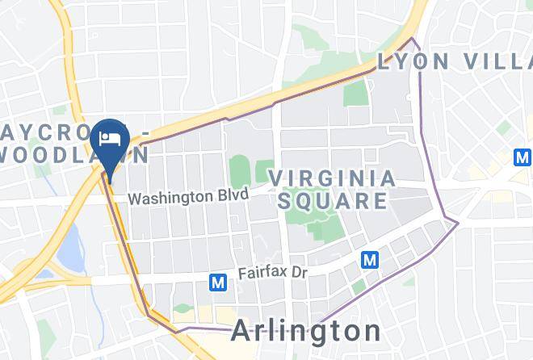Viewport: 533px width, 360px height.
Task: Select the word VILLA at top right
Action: [x=497, y=62]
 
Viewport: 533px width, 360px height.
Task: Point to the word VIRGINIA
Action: [x=332, y=178]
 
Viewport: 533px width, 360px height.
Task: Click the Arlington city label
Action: [x=306, y=331]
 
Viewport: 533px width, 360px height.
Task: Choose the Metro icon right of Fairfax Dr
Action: [x=370, y=260]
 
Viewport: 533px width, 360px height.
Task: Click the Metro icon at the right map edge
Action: [x=523, y=157]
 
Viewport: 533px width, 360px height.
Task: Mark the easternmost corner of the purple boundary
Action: [x=458, y=223]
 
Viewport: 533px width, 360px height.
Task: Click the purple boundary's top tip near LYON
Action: [x=413, y=38]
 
